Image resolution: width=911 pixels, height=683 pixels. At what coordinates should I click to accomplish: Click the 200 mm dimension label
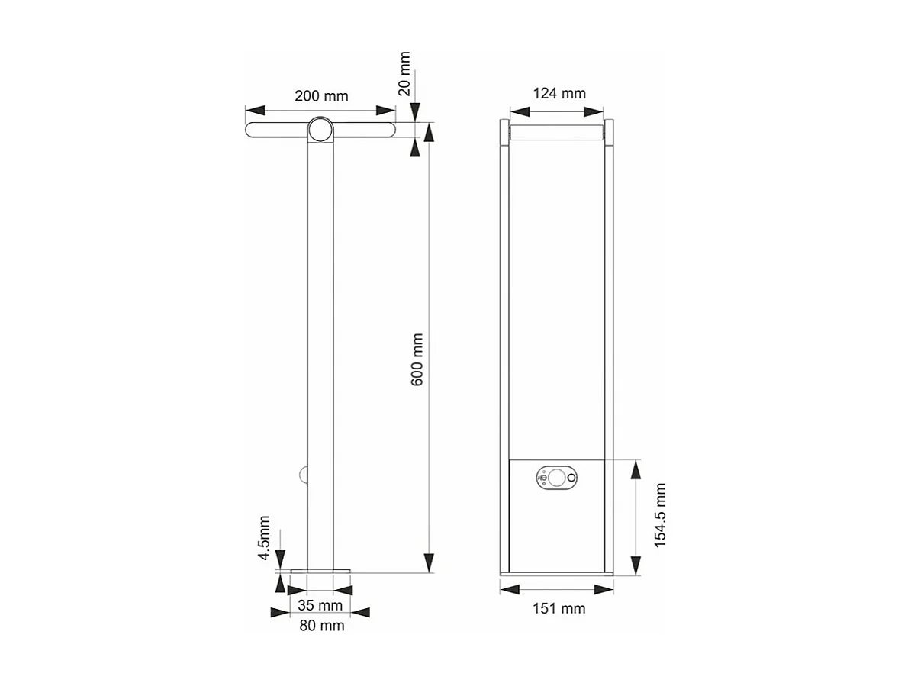click(321, 96)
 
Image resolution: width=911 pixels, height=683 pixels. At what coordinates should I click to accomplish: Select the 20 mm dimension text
click(404, 73)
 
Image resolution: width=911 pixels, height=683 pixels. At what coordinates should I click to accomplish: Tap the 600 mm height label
click(417, 359)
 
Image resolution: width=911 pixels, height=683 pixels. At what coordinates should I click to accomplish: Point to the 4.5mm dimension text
click(263, 539)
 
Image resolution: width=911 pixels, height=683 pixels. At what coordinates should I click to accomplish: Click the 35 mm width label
click(320, 606)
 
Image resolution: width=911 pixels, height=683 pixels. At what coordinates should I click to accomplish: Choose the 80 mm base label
click(321, 626)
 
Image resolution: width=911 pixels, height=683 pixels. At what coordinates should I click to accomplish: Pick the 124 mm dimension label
click(559, 93)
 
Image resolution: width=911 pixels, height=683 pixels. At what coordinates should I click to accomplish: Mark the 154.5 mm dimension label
click(661, 514)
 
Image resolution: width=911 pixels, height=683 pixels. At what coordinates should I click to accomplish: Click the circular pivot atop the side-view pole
click(320, 130)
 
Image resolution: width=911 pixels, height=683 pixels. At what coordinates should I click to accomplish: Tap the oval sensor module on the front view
click(557, 478)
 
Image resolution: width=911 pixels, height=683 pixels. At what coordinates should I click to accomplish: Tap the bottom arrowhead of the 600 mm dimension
click(429, 562)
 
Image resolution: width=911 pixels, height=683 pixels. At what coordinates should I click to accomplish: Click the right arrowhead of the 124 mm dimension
click(595, 111)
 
